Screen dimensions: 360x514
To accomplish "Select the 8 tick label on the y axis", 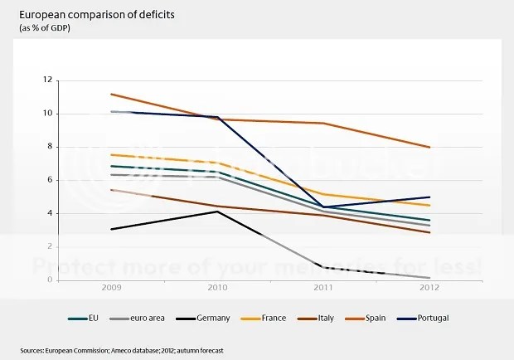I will click(x=50, y=147).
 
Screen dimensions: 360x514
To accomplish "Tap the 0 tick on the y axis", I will click(x=50, y=280).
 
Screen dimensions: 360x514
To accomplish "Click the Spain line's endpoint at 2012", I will click(x=429, y=147).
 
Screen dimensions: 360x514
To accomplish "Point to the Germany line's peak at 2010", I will click(x=217, y=212).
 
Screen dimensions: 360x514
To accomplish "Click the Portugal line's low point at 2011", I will click(x=323, y=207).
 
